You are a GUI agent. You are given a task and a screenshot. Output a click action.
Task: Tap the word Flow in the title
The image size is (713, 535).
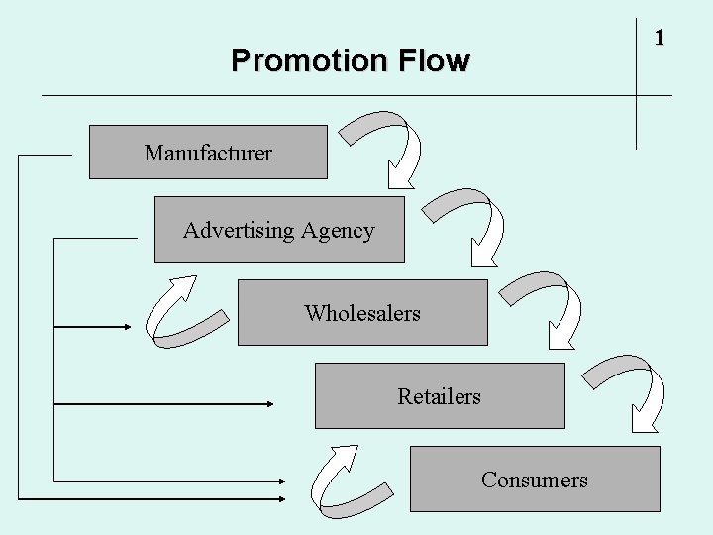tap(430, 61)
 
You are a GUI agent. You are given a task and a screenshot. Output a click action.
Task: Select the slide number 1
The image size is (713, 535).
tap(659, 38)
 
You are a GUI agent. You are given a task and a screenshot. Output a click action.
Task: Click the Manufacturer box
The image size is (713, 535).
tap(208, 153)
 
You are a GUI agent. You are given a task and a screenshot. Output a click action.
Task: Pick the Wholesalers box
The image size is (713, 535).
tap(362, 313)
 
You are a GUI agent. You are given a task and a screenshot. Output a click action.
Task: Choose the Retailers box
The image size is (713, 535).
tap(440, 396)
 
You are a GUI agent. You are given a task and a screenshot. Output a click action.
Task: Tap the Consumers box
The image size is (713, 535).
tap(535, 480)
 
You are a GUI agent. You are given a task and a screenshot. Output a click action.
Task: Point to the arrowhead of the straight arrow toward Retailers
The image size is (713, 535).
tap(268, 403)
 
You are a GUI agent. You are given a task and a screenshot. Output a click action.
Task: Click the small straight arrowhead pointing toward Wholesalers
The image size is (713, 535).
tap(128, 326)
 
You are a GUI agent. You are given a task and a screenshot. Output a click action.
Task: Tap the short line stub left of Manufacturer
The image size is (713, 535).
tap(45, 155)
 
